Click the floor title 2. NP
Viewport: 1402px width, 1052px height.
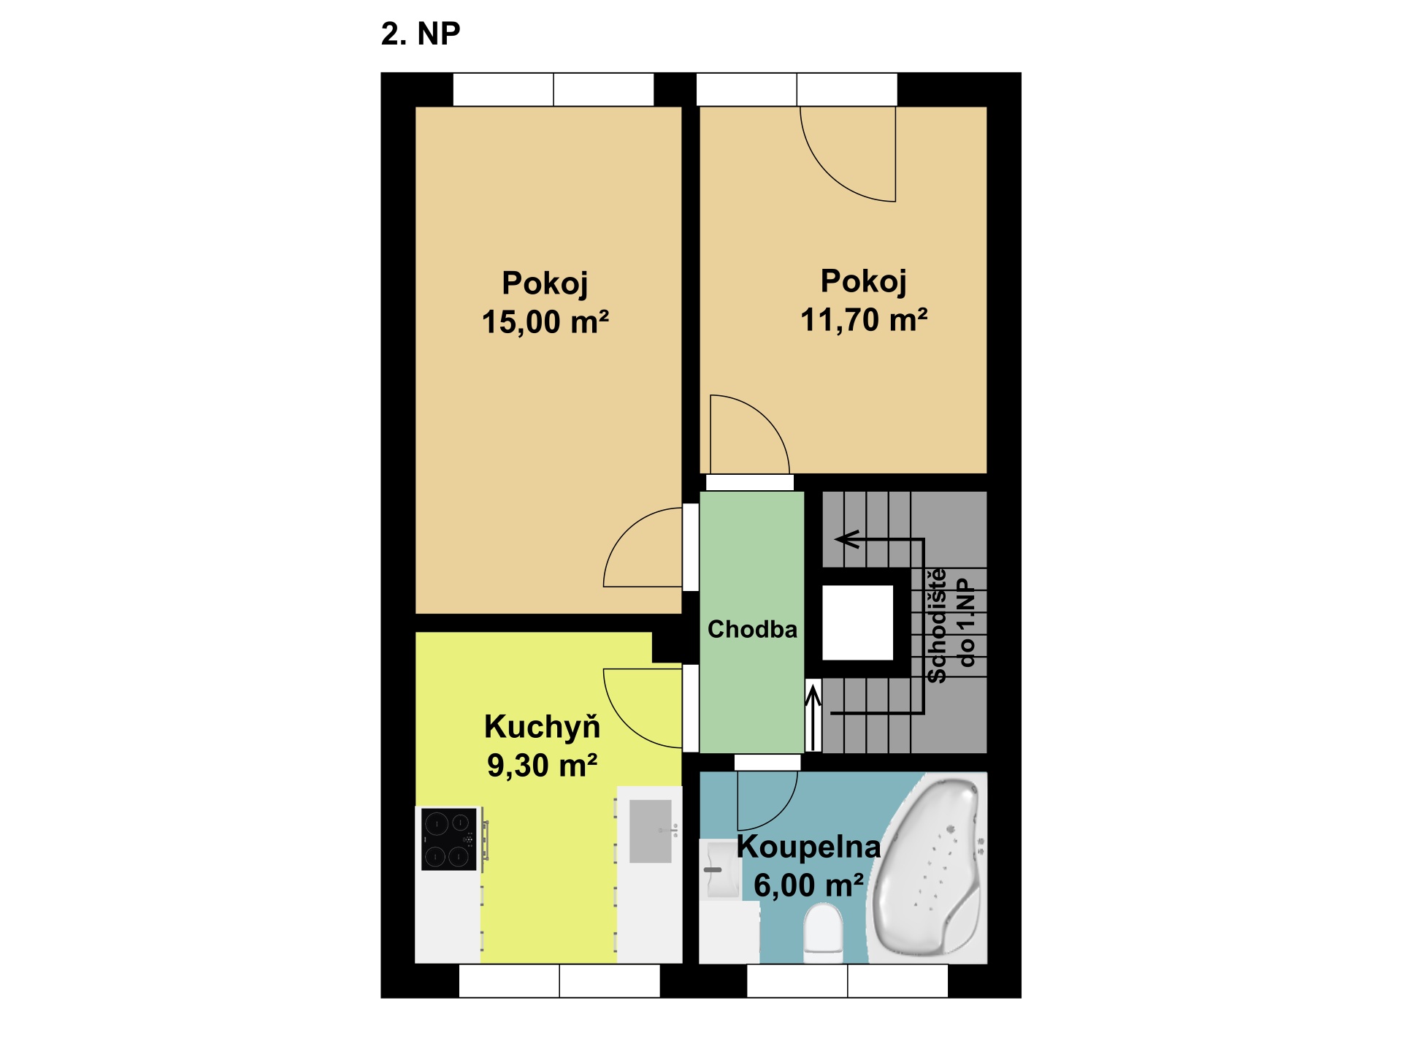pos(421,34)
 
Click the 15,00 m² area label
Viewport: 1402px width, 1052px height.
pos(545,322)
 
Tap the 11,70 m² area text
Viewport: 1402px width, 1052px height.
pos(864,320)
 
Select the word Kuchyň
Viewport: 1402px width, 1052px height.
pos(542,727)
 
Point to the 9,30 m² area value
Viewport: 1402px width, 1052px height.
pos(542,766)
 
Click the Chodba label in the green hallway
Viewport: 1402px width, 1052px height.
pos(752,629)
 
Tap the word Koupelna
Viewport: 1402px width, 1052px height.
pos(808,846)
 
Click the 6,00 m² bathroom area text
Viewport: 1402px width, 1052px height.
pos(808,885)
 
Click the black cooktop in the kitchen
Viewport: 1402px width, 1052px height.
pos(448,839)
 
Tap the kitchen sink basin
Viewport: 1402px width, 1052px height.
pos(650,831)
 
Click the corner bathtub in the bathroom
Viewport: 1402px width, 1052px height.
pos(927,869)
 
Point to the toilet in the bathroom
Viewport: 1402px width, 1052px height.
pos(823,932)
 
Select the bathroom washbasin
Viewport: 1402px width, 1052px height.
pos(721,869)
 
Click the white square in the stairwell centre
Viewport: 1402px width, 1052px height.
pos(857,623)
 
